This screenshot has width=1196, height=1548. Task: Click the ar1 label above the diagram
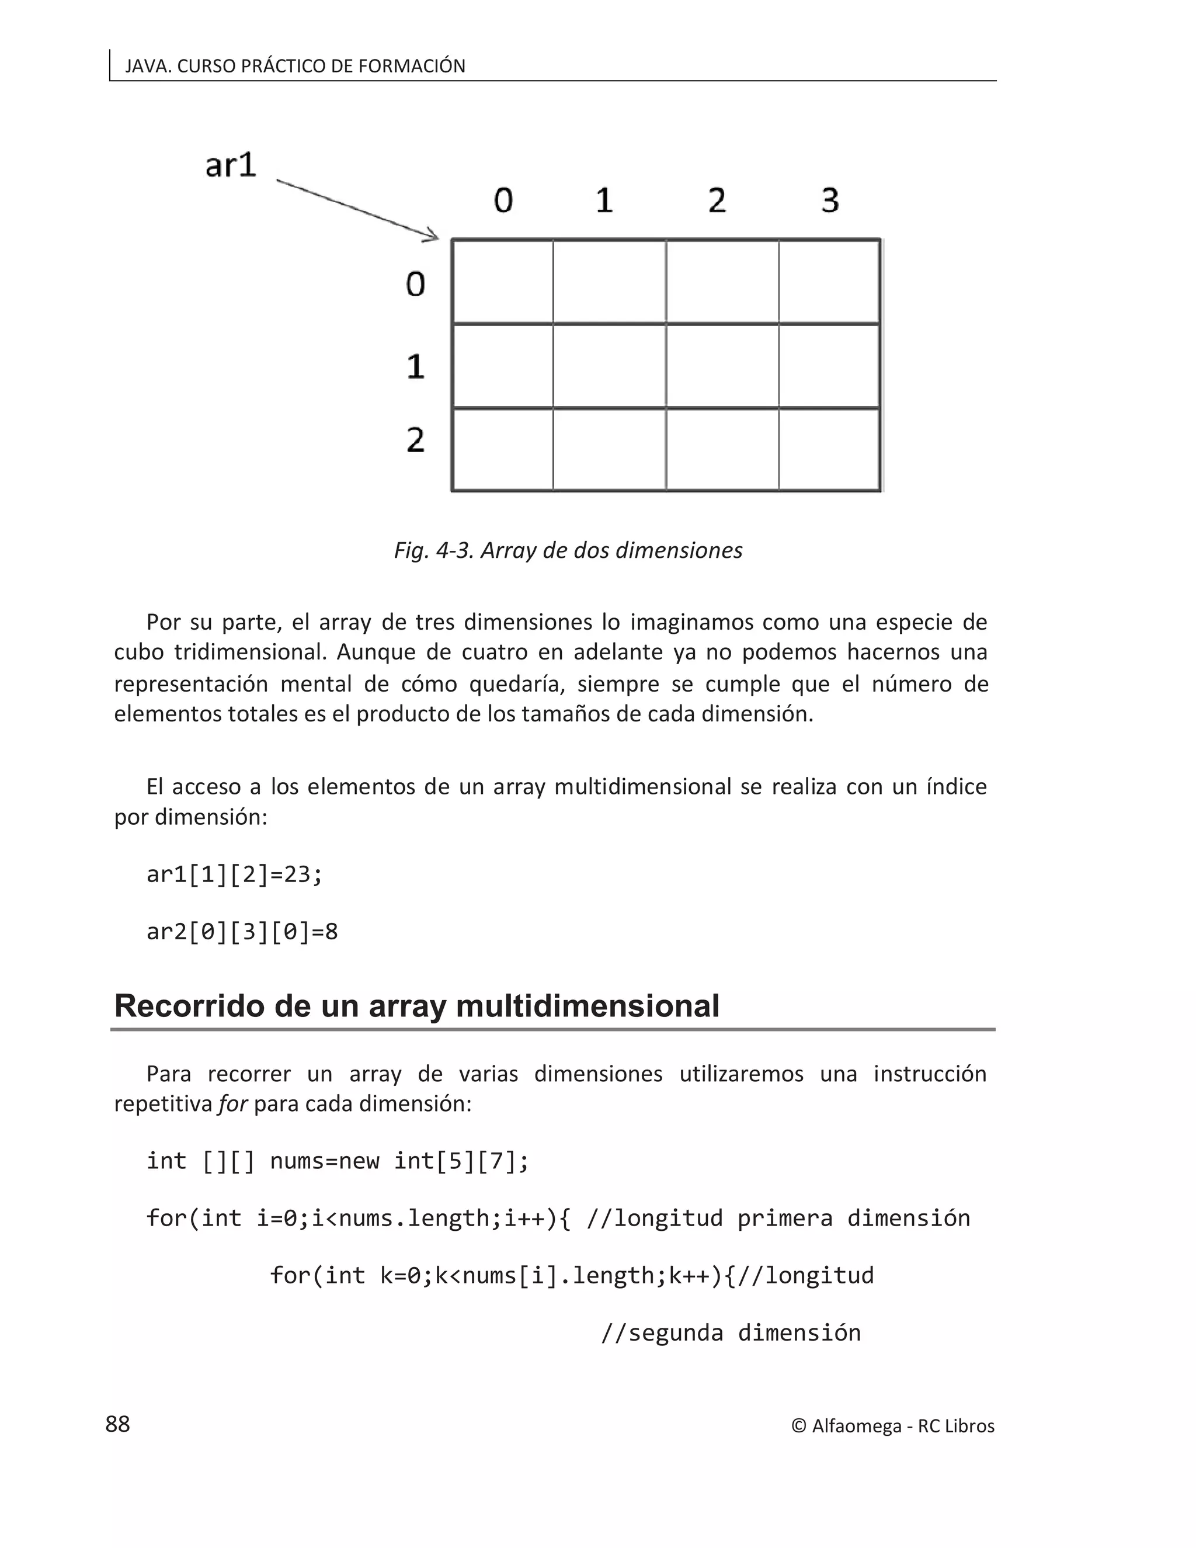click(x=230, y=166)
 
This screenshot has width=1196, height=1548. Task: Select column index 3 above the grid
click(x=830, y=200)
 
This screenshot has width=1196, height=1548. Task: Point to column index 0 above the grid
click(x=503, y=200)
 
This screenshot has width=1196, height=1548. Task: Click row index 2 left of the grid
click(x=416, y=440)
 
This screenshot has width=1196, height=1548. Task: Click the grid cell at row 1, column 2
click(x=722, y=366)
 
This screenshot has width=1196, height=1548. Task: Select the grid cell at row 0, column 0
click(x=502, y=282)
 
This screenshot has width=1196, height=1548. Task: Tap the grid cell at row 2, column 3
click(x=829, y=449)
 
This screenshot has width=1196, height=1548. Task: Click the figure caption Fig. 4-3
click(x=568, y=551)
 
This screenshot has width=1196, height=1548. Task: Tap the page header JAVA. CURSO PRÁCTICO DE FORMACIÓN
click(x=295, y=66)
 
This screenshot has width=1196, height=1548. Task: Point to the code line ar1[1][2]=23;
click(x=234, y=874)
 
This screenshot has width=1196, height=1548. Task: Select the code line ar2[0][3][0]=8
click(x=242, y=931)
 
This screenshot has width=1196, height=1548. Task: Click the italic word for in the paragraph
click(x=232, y=1104)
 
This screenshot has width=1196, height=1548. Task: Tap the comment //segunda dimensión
click(x=731, y=1332)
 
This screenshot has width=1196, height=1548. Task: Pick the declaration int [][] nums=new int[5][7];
click(x=338, y=1161)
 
